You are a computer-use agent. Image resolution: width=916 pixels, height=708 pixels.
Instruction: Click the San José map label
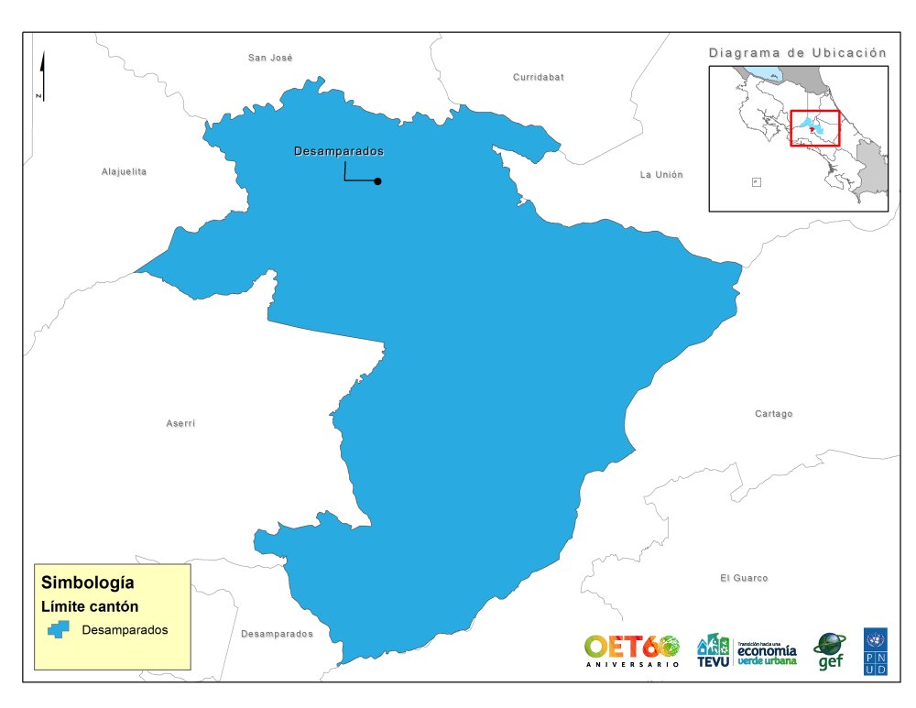coord(270,58)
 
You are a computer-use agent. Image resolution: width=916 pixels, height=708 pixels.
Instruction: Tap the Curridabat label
coord(539,77)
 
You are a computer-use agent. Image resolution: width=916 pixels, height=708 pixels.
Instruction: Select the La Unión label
coord(661,174)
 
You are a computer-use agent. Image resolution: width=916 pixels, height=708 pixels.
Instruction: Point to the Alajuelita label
coord(124,171)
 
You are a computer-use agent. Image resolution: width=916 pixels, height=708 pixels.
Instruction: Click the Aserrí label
coord(180,423)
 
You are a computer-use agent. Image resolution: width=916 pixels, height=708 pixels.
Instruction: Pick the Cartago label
coord(774,414)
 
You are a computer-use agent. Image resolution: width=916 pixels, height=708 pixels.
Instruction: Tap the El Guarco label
coord(744,578)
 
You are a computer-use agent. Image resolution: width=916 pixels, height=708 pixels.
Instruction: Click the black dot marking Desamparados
coord(377,181)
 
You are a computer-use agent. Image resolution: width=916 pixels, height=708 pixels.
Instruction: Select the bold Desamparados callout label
coord(338,151)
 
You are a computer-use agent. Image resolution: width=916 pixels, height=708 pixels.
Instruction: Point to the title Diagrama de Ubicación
coord(798,53)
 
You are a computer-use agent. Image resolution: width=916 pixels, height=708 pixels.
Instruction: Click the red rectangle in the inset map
coord(814,128)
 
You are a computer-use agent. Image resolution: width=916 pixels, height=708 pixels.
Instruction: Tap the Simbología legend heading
coord(88,583)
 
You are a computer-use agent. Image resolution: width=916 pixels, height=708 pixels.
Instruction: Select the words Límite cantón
coord(90,606)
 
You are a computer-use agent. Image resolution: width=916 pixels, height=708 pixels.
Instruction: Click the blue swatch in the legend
coord(60,630)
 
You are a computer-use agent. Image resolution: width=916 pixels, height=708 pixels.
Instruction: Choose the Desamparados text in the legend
coord(125,630)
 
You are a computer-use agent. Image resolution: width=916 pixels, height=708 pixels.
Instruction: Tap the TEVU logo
coord(713,650)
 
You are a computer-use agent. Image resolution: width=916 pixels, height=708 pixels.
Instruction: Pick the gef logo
coord(830,651)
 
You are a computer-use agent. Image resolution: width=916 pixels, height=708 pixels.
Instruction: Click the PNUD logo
coord(875,651)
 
